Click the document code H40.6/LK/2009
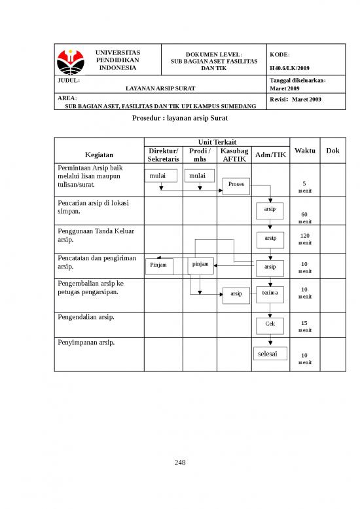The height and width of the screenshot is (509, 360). coord(289,68)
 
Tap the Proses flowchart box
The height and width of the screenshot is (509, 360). coord(236,184)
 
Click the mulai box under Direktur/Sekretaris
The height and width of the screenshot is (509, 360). coord(158,176)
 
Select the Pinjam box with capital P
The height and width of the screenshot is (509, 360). coord(158,265)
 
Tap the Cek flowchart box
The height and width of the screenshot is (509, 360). coord(270,324)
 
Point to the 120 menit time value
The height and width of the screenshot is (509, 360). coord(304,239)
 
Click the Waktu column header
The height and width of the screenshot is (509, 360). coord(305,151)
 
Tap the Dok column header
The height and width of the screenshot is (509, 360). coord(333,151)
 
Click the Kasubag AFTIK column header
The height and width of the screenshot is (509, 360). coord(234,155)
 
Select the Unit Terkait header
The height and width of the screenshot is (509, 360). coord(217,142)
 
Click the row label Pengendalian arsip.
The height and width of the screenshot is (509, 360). coord(86,317)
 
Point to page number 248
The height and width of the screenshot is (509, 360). coord(180,463)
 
